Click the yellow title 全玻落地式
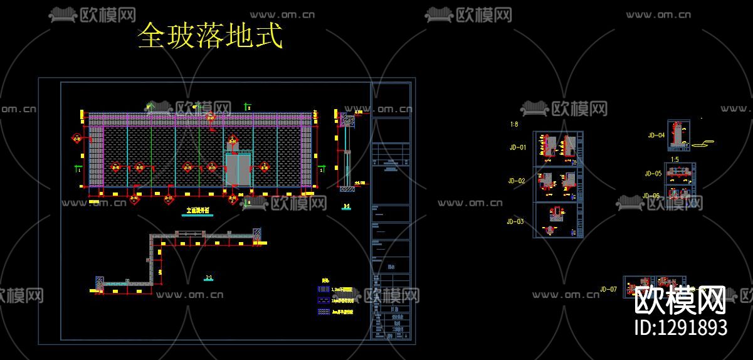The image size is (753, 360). tap(210, 36)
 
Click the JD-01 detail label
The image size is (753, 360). tap(517, 148)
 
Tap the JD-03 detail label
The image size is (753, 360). tap(515, 221)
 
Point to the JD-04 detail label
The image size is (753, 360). tap(656, 135)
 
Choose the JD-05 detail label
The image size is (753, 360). tap(653, 174)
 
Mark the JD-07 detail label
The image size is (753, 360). tap(608, 289)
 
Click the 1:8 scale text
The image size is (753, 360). tap(514, 125)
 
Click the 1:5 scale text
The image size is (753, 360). tap(675, 160)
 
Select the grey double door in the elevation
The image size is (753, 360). tap(238, 169)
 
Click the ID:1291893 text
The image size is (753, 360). tap(681, 327)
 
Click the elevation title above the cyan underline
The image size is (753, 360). tap(197, 211)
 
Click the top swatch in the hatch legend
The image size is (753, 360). tap(325, 290)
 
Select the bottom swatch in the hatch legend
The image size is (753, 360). tap(325, 311)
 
